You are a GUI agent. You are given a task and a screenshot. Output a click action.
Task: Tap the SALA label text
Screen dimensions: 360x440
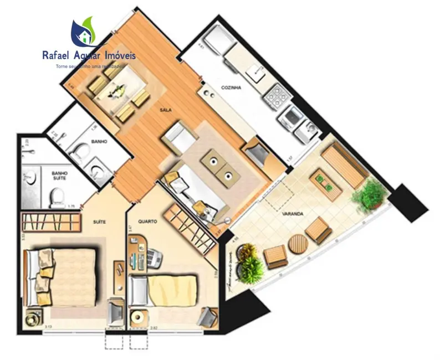[165, 110]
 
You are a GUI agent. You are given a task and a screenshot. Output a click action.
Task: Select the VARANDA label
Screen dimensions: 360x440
[291, 214]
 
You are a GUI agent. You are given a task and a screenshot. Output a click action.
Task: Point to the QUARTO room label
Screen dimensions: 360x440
[149, 221]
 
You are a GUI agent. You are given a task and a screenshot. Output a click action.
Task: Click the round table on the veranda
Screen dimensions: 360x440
[298, 243]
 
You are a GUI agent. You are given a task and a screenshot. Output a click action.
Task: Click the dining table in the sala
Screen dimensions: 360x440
[117, 90]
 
